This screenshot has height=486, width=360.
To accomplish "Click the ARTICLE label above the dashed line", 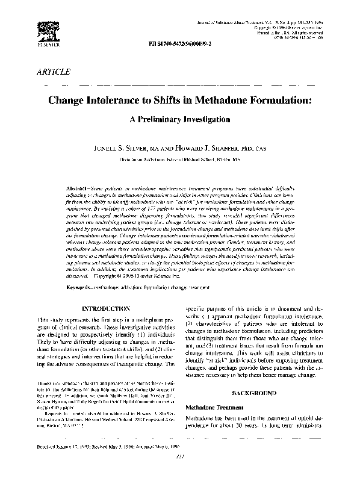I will click(52, 71).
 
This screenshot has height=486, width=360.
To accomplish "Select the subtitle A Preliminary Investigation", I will click(179, 120).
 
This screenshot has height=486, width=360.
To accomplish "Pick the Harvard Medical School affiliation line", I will click(179, 161).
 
